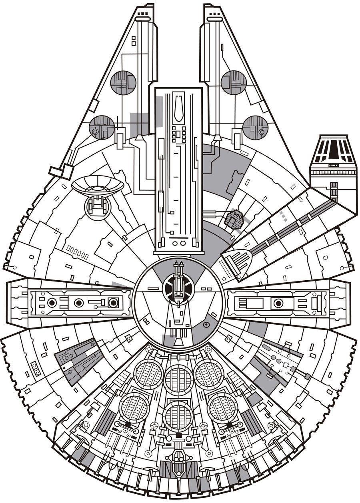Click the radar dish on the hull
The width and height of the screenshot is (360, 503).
[98, 185]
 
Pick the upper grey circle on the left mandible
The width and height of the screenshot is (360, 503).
[122, 82]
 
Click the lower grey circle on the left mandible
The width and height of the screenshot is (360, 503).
[102, 127]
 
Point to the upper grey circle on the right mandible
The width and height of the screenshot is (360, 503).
[233, 82]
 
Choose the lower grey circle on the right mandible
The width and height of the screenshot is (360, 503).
[255, 127]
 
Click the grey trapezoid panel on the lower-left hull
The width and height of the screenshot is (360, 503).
[77, 359]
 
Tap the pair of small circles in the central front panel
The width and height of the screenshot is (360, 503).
[178, 243]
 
